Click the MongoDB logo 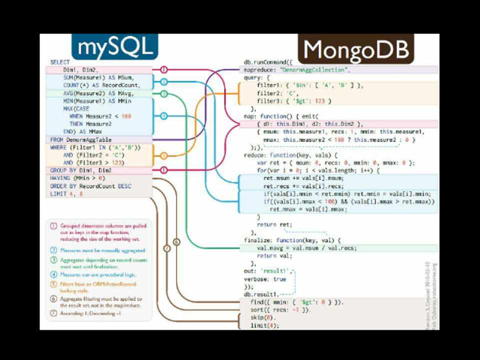(x=355, y=49)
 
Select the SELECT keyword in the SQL (x=59, y=62)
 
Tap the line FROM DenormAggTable (x=80, y=140)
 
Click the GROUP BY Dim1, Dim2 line (x=80, y=170)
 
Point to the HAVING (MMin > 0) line (x=77, y=178)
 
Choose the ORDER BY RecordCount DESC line (x=90, y=186)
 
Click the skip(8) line (x=263, y=317)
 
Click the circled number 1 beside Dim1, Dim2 (x=164, y=70)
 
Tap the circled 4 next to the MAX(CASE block (x=164, y=116)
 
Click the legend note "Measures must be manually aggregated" (x=102, y=249)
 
